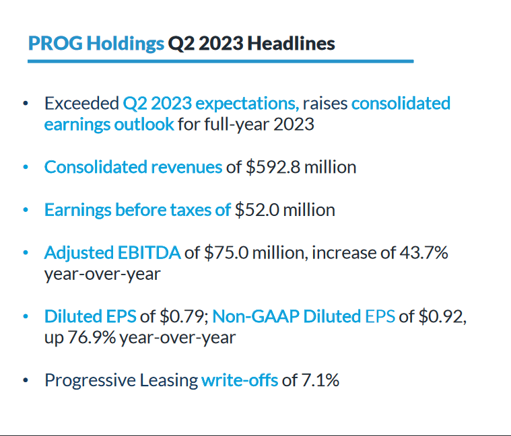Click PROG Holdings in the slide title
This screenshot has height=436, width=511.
tap(96, 43)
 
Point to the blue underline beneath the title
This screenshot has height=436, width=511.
tap(220, 61)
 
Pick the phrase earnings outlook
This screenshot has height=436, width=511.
tap(109, 124)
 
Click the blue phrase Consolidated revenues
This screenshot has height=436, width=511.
tap(133, 167)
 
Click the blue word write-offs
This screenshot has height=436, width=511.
tap(239, 380)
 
